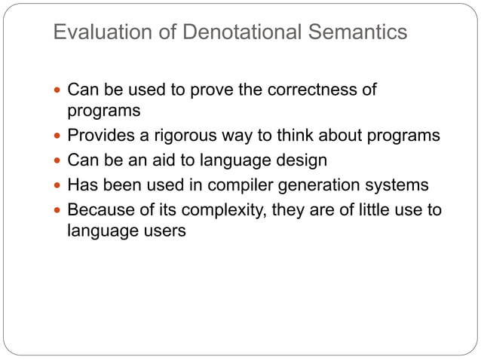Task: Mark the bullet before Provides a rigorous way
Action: tap(58, 136)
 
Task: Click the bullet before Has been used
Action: tap(58, 185)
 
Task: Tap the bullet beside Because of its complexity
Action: tap(58, 209)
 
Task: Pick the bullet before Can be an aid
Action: tap(58, 160)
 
